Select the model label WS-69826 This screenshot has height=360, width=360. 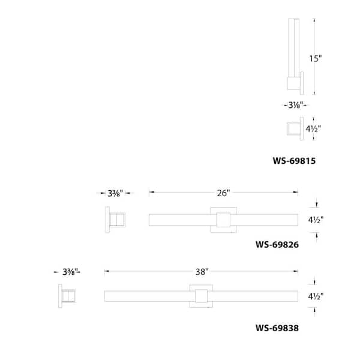(277, 244)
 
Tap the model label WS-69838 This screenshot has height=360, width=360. (277, 328)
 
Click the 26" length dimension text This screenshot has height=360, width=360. (223, 193)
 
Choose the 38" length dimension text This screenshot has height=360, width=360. (201, 272)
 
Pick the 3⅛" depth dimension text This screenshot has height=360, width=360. (293, 105)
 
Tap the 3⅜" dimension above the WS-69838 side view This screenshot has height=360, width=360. (70, 272)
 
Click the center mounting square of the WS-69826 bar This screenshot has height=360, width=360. (223, 220)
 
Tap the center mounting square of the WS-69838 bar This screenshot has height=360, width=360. (201, 296)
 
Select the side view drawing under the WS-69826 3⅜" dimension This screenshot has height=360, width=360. (116, 220)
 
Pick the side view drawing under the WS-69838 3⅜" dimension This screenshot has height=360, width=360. (68, 296)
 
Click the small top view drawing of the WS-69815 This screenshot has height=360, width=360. (294, 129)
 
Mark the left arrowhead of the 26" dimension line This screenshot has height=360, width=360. (151, 193)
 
